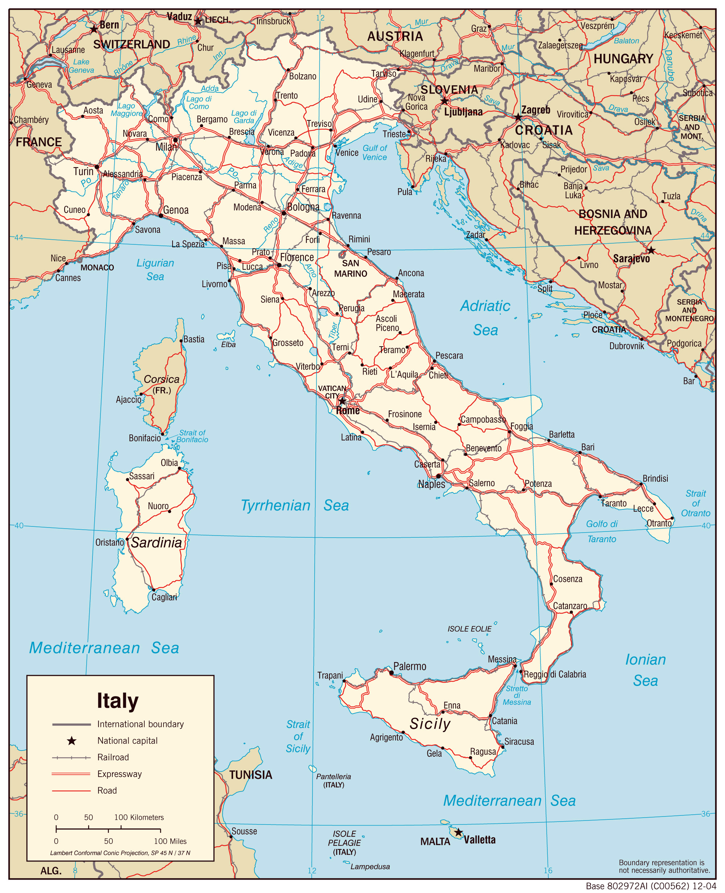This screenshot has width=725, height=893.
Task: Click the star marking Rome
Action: click(342, 401)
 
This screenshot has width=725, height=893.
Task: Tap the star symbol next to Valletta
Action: click(458, 832)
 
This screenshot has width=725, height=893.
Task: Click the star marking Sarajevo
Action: click(651, 251)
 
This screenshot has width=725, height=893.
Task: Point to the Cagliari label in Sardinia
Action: click(164, 597)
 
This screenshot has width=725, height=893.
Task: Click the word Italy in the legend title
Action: click(117, 701)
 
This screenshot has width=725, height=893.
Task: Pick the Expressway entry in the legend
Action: click(119, 774)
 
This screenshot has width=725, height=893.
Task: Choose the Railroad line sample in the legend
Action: click(71, 758)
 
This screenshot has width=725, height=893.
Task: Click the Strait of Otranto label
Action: click(695, 503)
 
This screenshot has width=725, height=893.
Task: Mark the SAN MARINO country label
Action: click(351, 269)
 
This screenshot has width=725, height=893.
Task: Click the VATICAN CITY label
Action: click(332, 392)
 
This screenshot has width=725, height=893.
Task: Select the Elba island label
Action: click(228, 344)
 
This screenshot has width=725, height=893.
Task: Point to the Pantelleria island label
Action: click(333, 777)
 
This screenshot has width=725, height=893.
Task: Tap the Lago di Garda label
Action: click(244, 117)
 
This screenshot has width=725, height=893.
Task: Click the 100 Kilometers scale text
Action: click(139, 817)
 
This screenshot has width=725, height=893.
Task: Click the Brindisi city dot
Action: click(641, 484)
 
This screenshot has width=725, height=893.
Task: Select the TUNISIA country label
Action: click(250, 775)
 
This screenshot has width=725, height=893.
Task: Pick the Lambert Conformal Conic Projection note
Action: click(120, 853)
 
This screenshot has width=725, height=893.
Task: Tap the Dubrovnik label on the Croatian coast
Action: click(626, 346)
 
